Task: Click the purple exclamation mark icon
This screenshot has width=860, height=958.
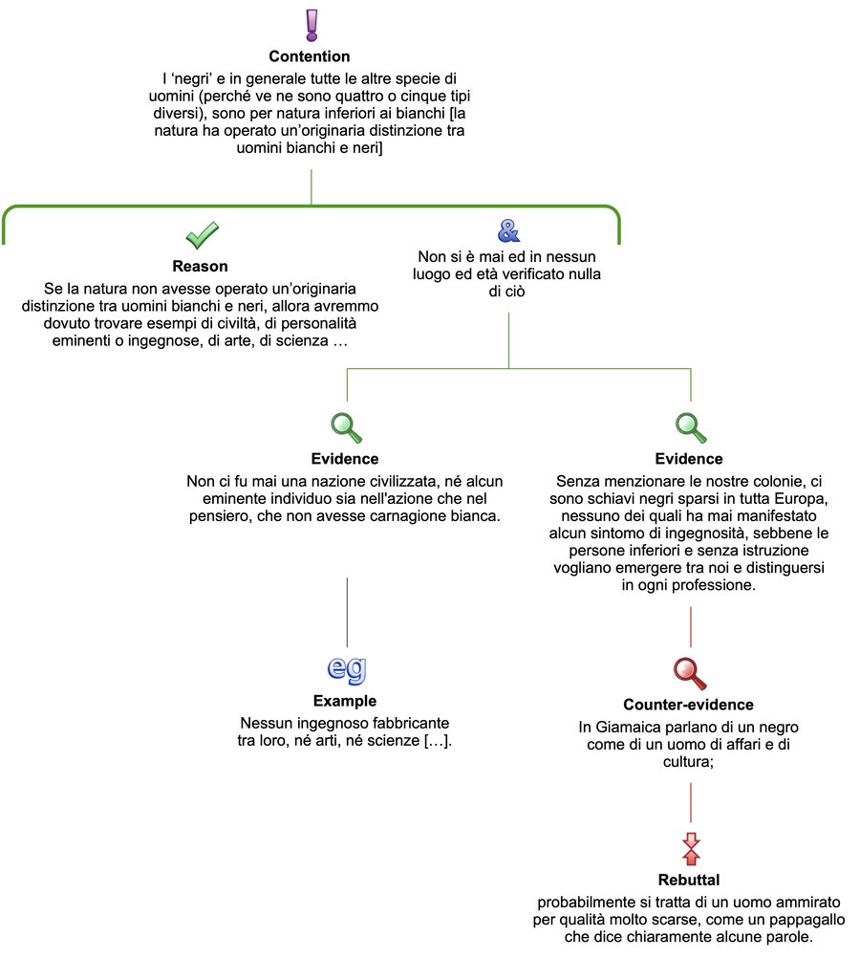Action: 310,25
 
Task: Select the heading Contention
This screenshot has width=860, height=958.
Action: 310,57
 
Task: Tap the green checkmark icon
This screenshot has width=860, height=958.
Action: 201,234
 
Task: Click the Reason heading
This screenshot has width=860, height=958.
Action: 201,267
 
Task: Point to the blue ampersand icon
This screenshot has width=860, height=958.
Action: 509,229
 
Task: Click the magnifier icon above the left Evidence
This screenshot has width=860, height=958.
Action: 345,426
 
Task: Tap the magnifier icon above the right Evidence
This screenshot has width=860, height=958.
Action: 689,426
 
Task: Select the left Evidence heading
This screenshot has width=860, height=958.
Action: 345,459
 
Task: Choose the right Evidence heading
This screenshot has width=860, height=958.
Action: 689,459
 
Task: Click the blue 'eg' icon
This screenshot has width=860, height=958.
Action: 345,669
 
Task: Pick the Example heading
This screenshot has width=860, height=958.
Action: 345,701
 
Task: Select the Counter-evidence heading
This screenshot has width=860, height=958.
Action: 689,705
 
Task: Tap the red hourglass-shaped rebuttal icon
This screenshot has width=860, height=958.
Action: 690,846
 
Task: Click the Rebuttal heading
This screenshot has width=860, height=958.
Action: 689,879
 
